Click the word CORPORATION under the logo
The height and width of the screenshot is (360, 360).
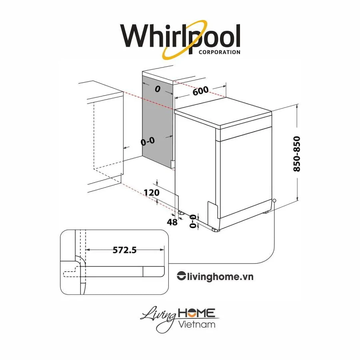click(219, 52)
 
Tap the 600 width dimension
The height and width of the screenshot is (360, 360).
click(200, 91)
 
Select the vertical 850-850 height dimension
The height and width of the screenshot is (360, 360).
click(296, 154)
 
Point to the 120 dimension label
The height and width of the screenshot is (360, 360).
click(152, 192)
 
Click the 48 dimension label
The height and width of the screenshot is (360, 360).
click(172, 222)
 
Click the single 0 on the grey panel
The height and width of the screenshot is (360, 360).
click(157, 90)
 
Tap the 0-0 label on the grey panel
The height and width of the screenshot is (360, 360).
click(148, 141)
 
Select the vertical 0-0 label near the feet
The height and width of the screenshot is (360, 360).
click(194, 220)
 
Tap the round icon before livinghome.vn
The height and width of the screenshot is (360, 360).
click(181, 276)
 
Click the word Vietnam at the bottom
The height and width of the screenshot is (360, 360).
click(197, 324)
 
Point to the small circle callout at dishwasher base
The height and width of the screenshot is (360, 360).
click(274, 201)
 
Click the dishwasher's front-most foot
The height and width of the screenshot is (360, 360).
click(216, 230)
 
